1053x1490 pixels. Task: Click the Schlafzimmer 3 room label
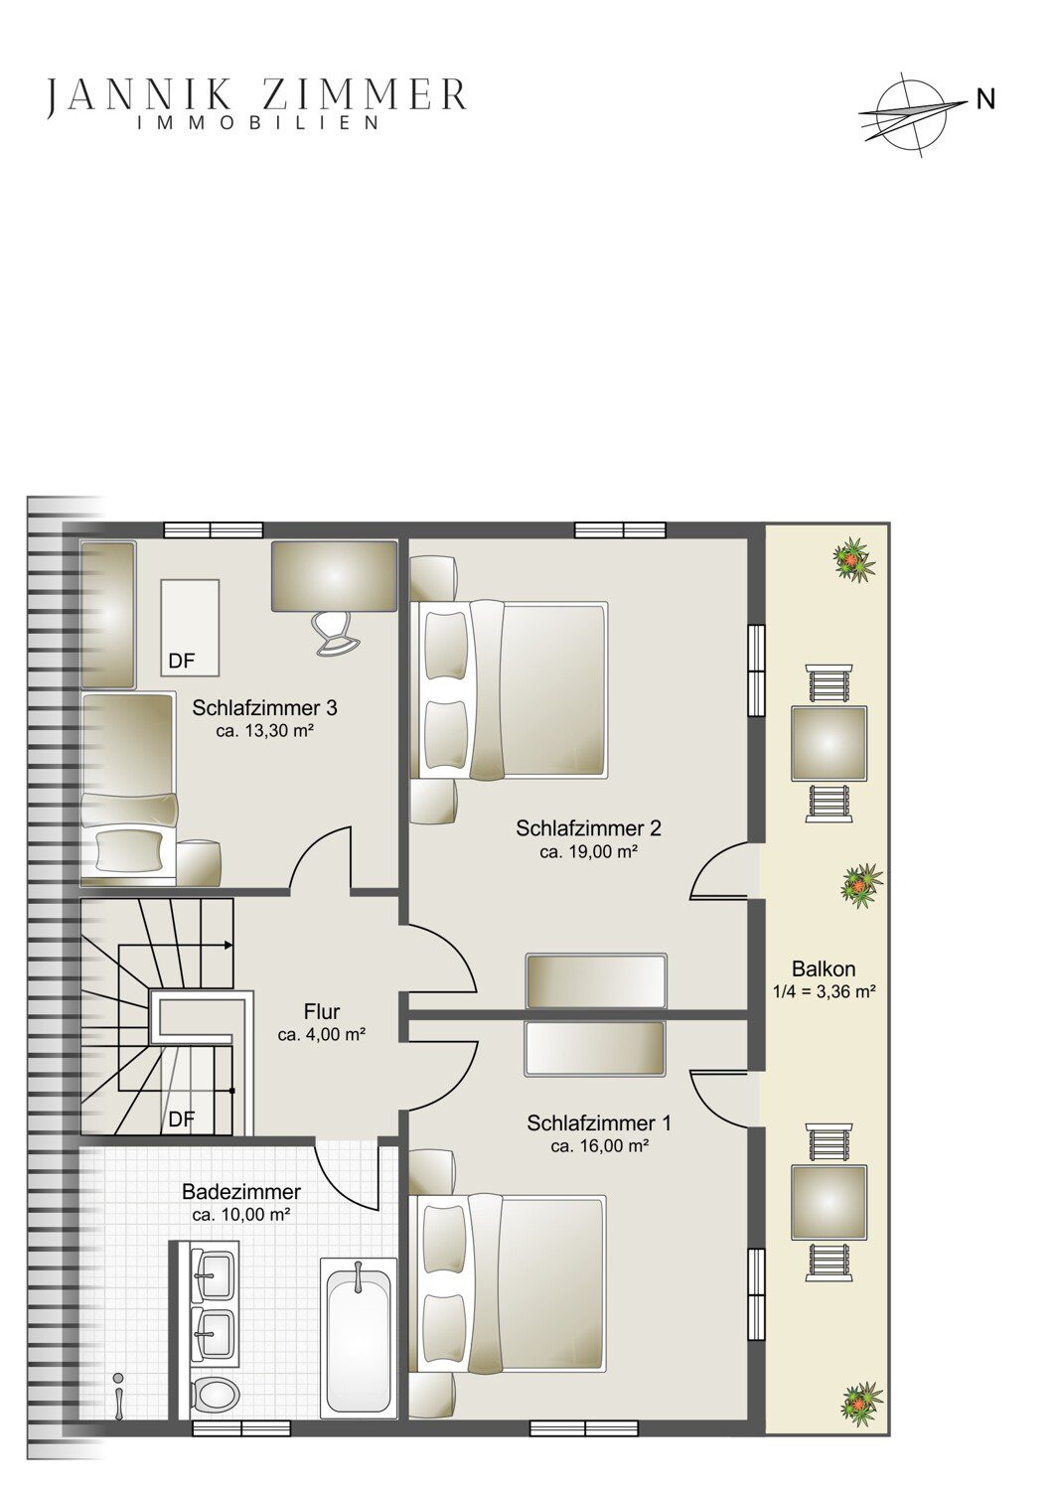click(265, 707)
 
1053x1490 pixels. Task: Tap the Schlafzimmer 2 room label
click(589, 828)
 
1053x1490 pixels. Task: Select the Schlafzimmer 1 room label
click(599, 1122)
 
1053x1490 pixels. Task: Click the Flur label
click(322, 1012)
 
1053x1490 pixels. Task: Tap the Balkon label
click(824, 968)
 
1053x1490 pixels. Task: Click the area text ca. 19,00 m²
click(589, 852)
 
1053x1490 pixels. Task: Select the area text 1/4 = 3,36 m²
click(824, 991)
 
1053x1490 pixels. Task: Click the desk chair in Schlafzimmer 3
click(335, 634)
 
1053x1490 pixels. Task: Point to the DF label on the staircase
click(182, 1119)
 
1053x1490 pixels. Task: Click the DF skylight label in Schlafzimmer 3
click(182, 662)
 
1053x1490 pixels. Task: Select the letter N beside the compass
click(985, 99)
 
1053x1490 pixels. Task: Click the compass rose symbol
click(912, 114)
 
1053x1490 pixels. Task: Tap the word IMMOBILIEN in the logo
click(258, 122)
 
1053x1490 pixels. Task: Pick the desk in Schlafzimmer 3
click(334, 575)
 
